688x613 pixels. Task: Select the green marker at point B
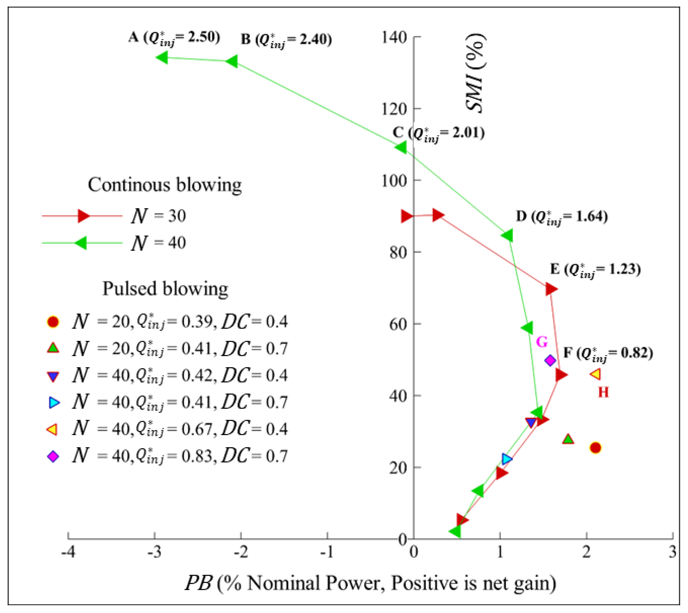[x=232, y=61]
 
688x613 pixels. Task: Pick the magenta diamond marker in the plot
[x=550, y=360]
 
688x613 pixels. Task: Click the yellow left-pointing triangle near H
[x=595, y=374]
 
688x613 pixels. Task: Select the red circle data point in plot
[x=595, y=448]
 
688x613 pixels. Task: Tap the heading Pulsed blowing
[x=165, y=289]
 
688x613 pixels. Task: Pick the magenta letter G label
[x=542, y=342]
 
